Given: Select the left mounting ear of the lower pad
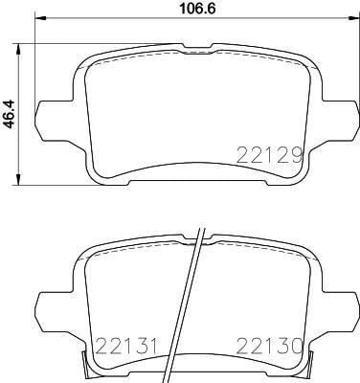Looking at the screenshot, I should (49, 306).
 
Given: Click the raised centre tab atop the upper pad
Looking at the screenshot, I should (196, 45).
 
